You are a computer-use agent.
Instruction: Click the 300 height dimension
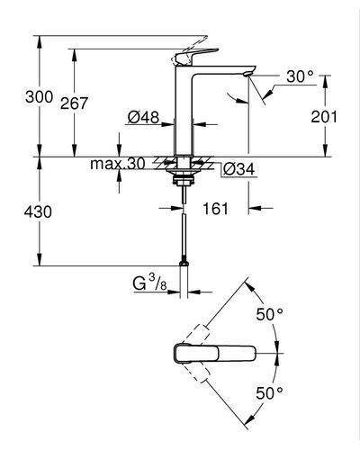click(x=39, y=97)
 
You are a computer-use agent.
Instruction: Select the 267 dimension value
click(x=74, y=103)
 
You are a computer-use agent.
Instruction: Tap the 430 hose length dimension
click(x=38, y=211)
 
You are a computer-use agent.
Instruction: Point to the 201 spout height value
click(x=324, y=116)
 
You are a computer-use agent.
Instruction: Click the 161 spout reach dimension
click(x=216, y=208)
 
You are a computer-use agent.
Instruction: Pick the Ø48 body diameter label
click(x=143, y=117)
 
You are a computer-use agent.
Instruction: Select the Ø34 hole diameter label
click(x=238, y=169)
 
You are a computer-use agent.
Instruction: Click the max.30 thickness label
click(x=118, y=164)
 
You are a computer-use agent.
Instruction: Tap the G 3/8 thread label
click(x=149, y=283)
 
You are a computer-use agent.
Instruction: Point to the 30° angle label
click(x=300, y=76)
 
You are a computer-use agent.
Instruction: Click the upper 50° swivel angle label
click(x=269, y=314)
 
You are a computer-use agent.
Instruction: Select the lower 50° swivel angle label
click(x=269, y=393)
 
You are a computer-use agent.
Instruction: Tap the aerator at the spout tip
click(x=248, y=74)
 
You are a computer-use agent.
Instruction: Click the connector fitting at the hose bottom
click(x=184, y=263)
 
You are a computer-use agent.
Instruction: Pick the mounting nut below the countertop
click(x=184, y=180)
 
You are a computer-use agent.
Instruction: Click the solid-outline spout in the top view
click(x=214, y=354)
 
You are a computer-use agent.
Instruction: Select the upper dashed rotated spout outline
click(x=197, y=334)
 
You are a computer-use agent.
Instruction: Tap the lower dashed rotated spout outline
click(x=197, y=373)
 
